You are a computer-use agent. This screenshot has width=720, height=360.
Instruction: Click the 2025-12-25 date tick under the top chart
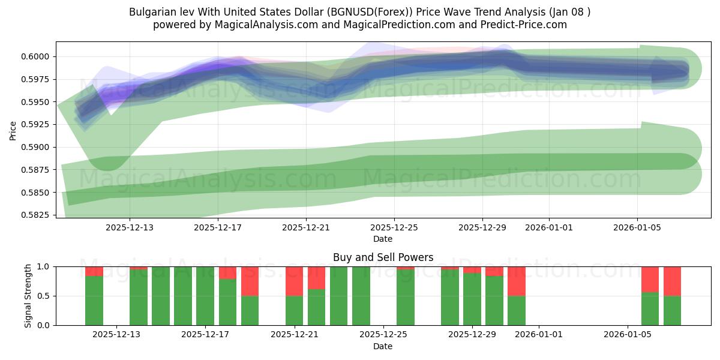pos(394,227)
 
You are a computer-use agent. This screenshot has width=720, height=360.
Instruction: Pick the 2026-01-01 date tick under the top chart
pos(548,227)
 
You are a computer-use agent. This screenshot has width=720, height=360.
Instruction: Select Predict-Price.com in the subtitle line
pos(525,25)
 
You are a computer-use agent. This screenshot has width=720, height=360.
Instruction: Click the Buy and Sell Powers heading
pos(383,257)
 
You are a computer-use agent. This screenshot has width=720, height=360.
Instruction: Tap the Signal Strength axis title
pos(28,296)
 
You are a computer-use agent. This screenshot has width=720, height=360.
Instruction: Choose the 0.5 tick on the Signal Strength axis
pos(45,296)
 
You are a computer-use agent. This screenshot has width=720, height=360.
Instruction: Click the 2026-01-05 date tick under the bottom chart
pos(628,335)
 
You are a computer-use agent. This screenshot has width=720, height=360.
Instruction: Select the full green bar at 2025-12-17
pos(205,296)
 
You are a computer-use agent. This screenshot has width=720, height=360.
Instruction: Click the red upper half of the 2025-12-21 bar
pos(294,281)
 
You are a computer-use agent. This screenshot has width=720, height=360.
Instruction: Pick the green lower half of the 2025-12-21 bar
pos(294,311)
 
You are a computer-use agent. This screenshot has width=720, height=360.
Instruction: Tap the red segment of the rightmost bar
pos(672,281)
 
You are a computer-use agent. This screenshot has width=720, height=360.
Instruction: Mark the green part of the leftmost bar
pos(94,301)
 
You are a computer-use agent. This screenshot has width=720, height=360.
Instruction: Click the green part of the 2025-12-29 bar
pos(472,299)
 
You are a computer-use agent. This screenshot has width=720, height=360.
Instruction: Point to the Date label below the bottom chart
pos(383,346)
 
